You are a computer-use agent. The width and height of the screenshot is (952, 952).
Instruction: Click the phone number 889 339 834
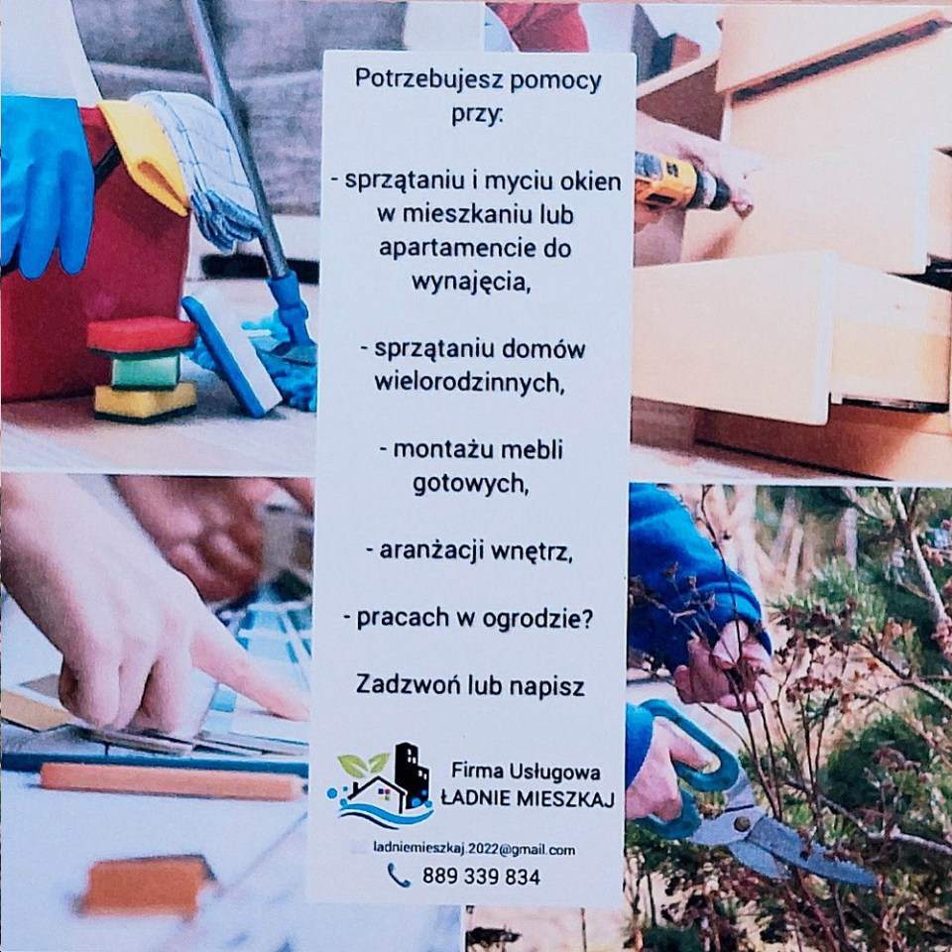(481, 877)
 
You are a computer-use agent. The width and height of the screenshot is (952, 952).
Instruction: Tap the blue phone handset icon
(399, 875)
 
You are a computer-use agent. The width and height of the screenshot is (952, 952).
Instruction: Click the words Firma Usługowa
(526, 771)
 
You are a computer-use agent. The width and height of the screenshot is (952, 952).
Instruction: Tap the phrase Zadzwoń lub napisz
(470, 684)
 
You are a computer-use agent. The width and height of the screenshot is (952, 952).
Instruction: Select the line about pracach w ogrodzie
(469, 617)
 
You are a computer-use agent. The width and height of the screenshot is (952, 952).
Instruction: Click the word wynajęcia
(470, 281)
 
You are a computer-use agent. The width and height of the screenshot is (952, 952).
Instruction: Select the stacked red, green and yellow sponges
(144, 368)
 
